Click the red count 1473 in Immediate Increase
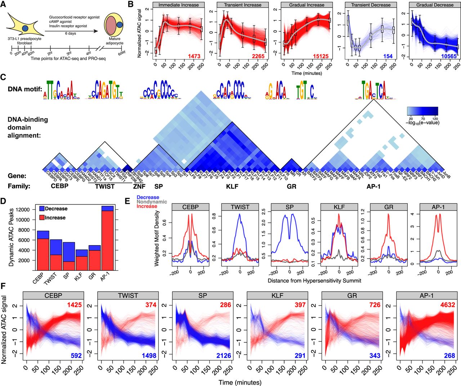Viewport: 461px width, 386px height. (x=193, y=56)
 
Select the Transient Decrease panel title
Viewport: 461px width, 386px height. (x=371, y=5)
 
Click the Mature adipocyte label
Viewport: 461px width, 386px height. (x=114, y=41)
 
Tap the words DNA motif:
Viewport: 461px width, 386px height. (x=24, y=89)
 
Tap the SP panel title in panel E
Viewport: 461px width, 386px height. (x=289, y=207)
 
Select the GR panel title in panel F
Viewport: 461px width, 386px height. (x=352, y=296)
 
